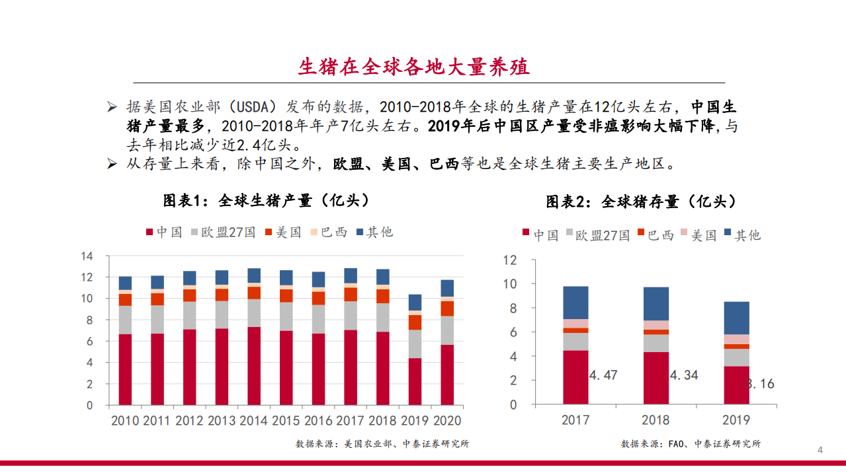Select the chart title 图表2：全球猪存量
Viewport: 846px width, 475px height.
coord(641,201)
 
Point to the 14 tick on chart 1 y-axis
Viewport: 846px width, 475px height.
coord(87,256)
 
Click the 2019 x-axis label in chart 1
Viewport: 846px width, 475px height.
coord(414,420)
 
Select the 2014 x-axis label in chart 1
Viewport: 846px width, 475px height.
coord(253,420)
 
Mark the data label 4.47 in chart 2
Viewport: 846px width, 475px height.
coord(603,375)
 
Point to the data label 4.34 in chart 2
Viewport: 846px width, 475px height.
coord(683,375)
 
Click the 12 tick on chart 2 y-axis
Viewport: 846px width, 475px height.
coord(509,260)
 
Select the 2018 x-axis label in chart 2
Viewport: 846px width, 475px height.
coord(656,420)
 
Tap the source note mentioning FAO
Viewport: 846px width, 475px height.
coord(691,444)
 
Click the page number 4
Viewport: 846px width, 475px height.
coord(820,451)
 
